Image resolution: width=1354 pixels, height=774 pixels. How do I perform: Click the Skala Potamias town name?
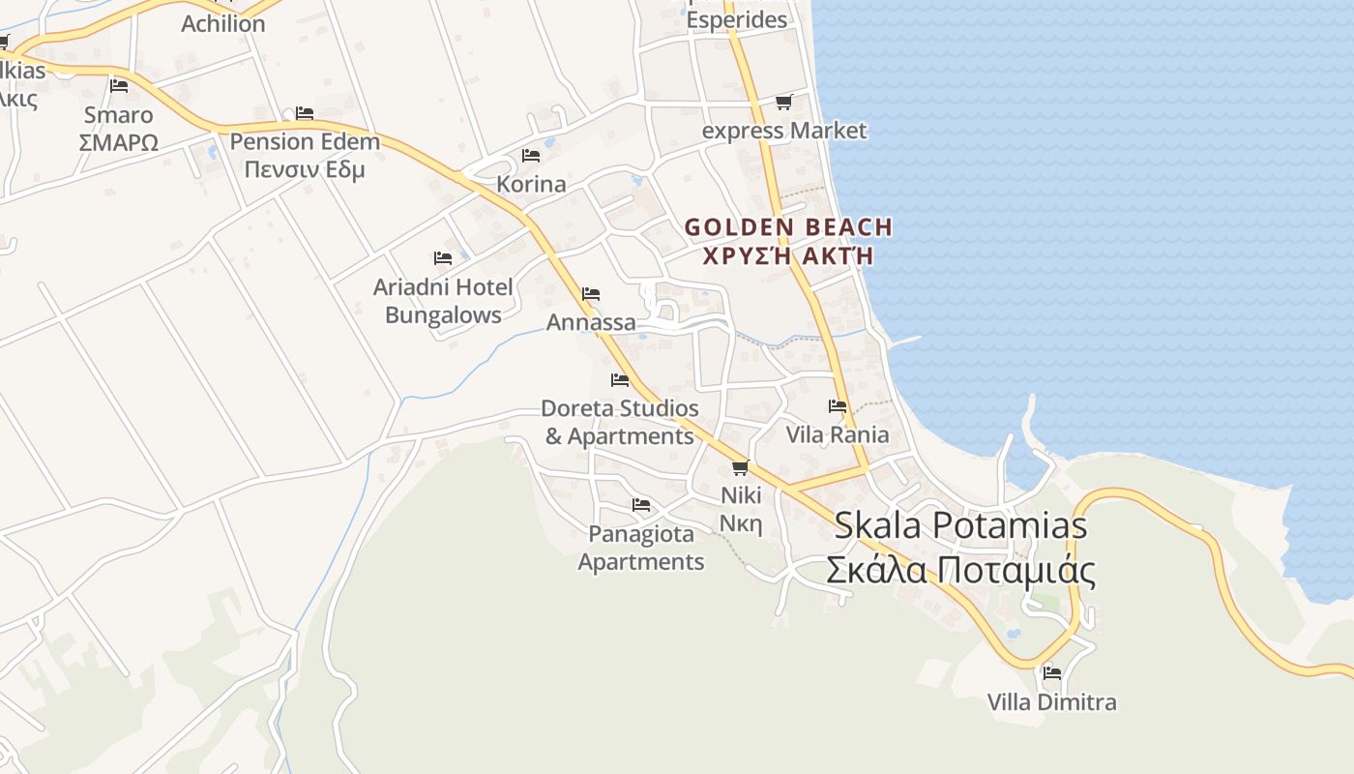tap(959, 525)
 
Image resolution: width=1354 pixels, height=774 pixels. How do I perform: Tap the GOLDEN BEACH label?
tap(788, 227)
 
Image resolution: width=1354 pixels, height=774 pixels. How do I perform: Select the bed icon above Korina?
tap(531, 155)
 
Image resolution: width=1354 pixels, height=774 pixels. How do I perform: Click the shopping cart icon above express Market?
tap(783, 102)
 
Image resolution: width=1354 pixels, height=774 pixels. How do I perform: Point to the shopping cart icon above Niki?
tap(741, 467)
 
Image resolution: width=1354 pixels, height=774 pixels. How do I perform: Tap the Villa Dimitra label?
tap(1051, 701)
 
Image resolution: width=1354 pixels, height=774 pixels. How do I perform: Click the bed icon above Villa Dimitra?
tap(1052, 672)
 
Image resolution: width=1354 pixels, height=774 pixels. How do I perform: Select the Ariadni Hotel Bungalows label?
tap(443, 301)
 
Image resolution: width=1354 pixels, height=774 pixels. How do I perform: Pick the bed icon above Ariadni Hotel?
tap(443, 258)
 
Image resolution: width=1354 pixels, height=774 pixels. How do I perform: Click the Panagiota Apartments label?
tap(641, 548)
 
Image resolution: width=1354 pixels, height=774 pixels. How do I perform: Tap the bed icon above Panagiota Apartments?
tap(641, 504)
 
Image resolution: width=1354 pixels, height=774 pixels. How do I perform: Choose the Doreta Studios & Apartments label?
tap(619, 422)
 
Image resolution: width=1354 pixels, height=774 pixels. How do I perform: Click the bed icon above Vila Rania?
tap(838, 405)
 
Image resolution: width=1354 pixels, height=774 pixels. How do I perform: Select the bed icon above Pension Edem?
tap(305, 112)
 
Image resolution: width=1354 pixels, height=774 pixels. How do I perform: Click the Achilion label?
tap(222, 23)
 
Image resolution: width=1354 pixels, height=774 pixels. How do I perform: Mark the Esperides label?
tap(737, 19)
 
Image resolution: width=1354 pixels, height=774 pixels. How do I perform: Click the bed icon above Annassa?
tap(591, 293)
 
